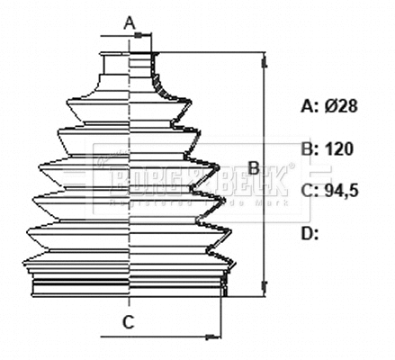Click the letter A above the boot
129,22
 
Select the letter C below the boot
129,321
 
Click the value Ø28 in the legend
341,106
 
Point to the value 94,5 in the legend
343,191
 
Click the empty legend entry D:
310,234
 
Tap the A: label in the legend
310,106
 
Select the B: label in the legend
310,149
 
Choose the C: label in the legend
310,191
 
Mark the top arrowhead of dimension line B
265,63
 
